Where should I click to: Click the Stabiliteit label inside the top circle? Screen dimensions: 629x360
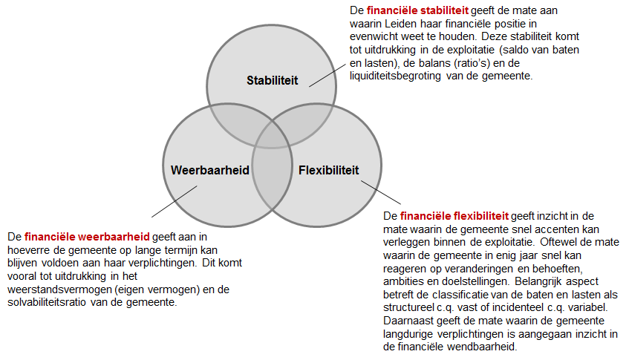pyautogui.click(x=272, y=80)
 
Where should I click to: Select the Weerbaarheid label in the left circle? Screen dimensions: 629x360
pyautogui.click(x=210, y=170)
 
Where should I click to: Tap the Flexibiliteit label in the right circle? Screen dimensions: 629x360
pyautogui.click(x=328, y=170)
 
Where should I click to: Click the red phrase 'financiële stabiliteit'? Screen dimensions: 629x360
pyautogui.click(x=417, y=10)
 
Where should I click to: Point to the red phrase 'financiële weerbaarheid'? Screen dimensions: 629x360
pyautogui.click(x=87, y=237)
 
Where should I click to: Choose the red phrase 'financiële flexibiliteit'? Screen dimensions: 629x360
pyautogui.click(x=454, y=216)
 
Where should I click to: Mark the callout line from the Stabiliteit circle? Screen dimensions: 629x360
pyautogui.click(x=327, y=75)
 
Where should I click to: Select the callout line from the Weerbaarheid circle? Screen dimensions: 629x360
pyautogui.click(x=174, y=201)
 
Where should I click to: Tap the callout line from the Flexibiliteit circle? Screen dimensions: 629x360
pyautogui.click(x=381, y=192)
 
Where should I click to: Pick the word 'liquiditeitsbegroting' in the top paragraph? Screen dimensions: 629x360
pyautogui.click(x=395, y=76)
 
